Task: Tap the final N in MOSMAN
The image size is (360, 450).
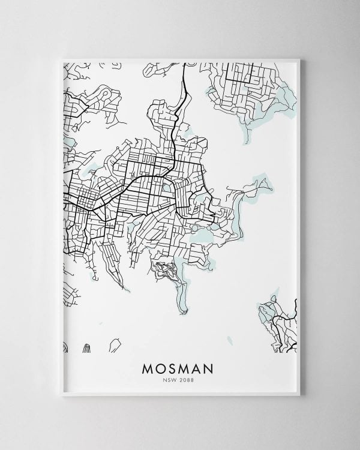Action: click(x=215, y=367)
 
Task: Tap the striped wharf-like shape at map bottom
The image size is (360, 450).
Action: click(x=87, y=347)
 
